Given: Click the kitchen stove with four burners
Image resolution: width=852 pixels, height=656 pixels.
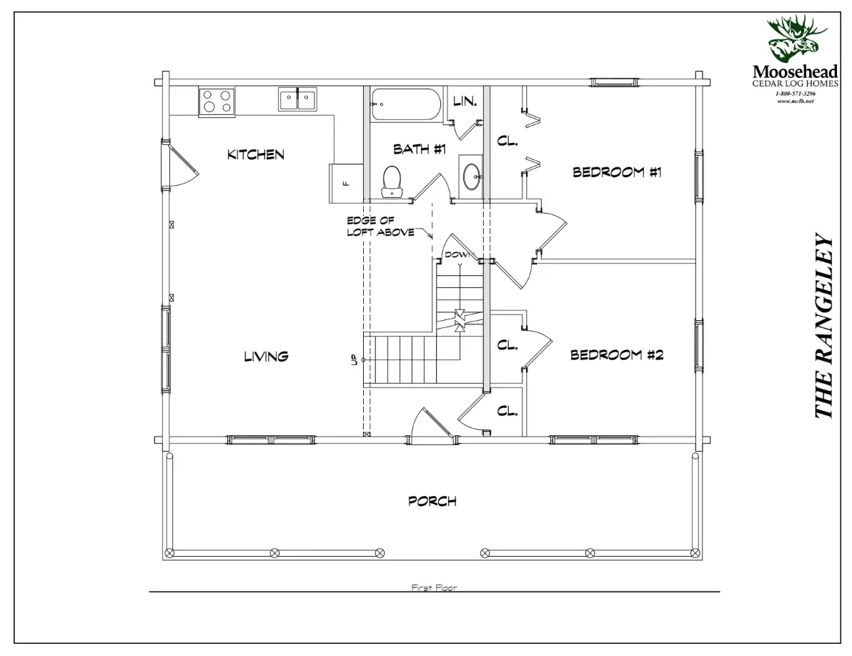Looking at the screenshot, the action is [x=217, y=101].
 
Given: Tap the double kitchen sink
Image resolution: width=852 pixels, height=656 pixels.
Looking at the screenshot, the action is [x=298, y=99].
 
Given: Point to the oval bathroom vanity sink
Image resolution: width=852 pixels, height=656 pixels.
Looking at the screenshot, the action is [x=472, y=176].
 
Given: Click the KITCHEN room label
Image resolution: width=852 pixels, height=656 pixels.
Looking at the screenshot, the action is [x=256, y=155].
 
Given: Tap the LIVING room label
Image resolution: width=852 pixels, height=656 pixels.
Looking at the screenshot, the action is [x=266, y=357].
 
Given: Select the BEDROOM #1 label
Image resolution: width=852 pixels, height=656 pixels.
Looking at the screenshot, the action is [x=618, y=173].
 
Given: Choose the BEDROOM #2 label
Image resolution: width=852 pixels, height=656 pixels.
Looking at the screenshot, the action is [x=618, y=355].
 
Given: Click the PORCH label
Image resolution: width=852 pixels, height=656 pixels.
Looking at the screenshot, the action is [x=432, y=501].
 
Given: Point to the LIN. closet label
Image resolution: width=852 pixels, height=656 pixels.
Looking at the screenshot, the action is [x=465, y=101].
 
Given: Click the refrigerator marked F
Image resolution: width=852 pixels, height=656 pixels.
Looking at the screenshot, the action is [x=346, y=183].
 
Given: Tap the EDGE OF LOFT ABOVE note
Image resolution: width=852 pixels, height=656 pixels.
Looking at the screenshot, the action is [x=380, y=227].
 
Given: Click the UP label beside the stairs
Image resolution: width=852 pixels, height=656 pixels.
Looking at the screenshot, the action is [x=354, y=360].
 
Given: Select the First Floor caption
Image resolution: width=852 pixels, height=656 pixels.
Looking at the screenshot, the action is [x=434, y=587].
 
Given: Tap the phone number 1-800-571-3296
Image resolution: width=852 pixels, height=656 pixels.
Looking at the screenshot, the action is [x=795, y=94].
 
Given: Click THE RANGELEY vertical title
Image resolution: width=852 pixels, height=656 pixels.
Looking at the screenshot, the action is [x=823, y=326].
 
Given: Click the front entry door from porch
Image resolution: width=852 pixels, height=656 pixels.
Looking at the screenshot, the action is [x=432, y=424].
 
